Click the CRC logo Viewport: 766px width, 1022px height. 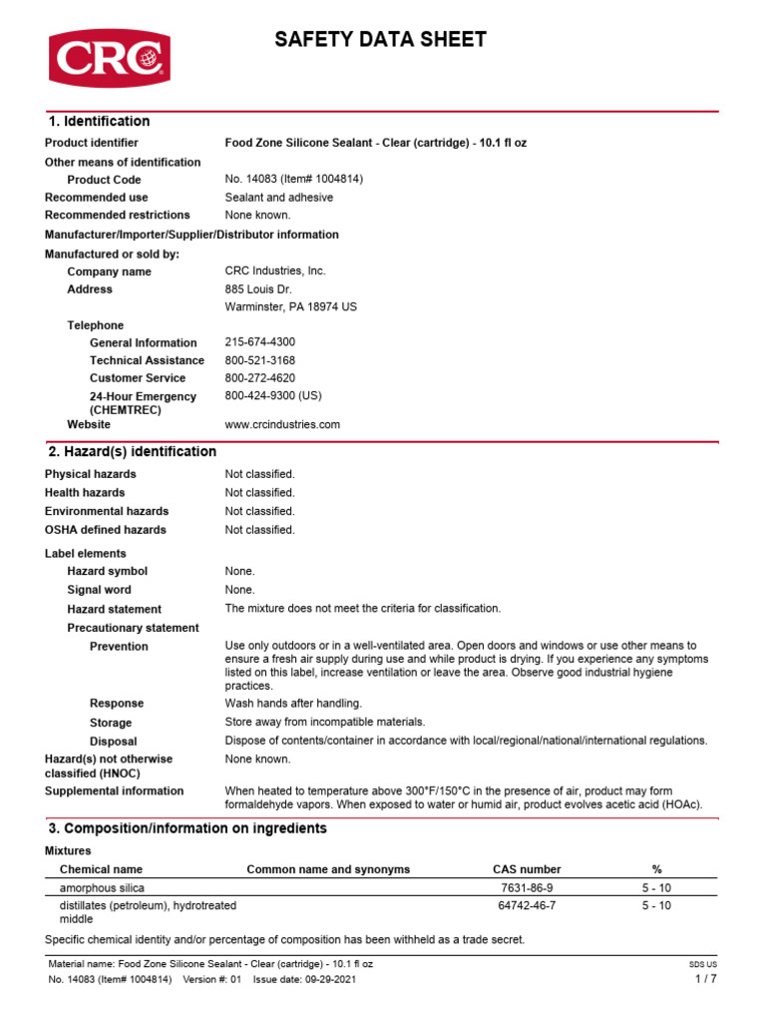tap(110, 58)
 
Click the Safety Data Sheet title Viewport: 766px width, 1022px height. tap(381, 40)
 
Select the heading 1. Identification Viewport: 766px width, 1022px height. tap(99, 122)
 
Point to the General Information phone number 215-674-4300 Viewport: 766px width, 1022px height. tap(260, 342)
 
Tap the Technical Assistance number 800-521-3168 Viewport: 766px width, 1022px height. tap(260, 360)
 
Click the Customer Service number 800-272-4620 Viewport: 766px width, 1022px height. tap(260, 378)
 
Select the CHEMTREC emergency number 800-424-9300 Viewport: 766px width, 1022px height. tap(273, 396)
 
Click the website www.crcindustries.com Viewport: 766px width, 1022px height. tap(282, 424)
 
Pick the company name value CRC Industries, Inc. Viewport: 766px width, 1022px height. tap(275, 271)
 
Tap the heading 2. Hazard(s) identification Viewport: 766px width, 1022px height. tap(133, 452)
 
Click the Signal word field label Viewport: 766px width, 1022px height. tap(99, 590)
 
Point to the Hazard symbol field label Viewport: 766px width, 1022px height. tap(107, 571)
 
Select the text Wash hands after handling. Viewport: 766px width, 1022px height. tap(293, 704)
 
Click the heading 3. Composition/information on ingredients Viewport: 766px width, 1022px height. tap(188, 829)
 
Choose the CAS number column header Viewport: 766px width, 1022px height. tap(527, 869)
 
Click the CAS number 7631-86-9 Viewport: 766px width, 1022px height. tap(527, 887)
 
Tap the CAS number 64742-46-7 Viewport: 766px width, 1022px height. tap(527, 905)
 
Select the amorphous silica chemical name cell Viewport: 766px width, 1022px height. tap(101, 887)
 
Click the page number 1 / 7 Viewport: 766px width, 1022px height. tap(705, 979)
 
